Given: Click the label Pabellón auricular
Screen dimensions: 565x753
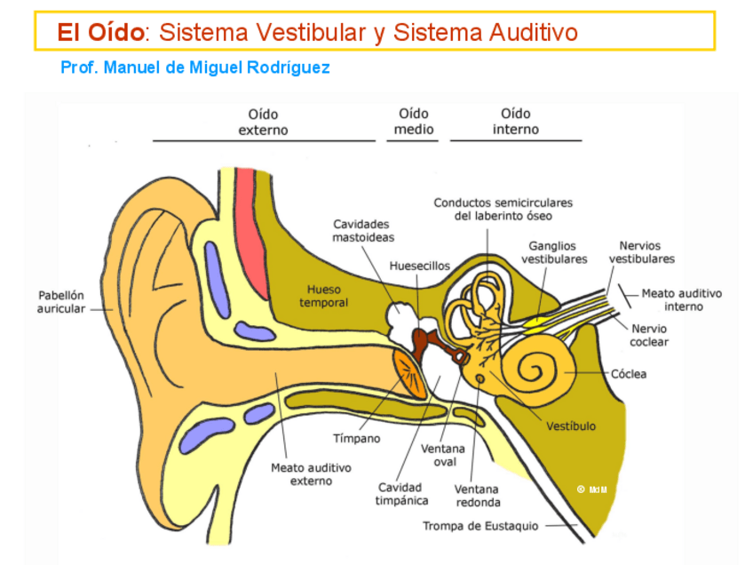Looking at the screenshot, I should (60, 301).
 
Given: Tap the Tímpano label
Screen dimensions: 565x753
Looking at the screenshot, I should (356, 438).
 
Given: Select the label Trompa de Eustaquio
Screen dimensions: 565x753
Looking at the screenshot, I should (480, 526).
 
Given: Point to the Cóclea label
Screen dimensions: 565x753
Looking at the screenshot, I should (629, 374).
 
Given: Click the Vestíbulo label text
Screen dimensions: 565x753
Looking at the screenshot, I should (571, 426).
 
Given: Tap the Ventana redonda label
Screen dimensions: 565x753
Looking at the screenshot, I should (477, 496).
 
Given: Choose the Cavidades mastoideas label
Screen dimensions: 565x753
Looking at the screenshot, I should (363, 231).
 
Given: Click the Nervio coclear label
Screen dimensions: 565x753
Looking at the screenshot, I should (649, 335).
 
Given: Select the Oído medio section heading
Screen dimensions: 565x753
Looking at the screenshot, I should (414, 122).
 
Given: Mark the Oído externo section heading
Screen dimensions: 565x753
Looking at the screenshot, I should (263, 122).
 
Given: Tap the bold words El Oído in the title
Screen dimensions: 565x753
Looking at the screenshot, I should (99, 33).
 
